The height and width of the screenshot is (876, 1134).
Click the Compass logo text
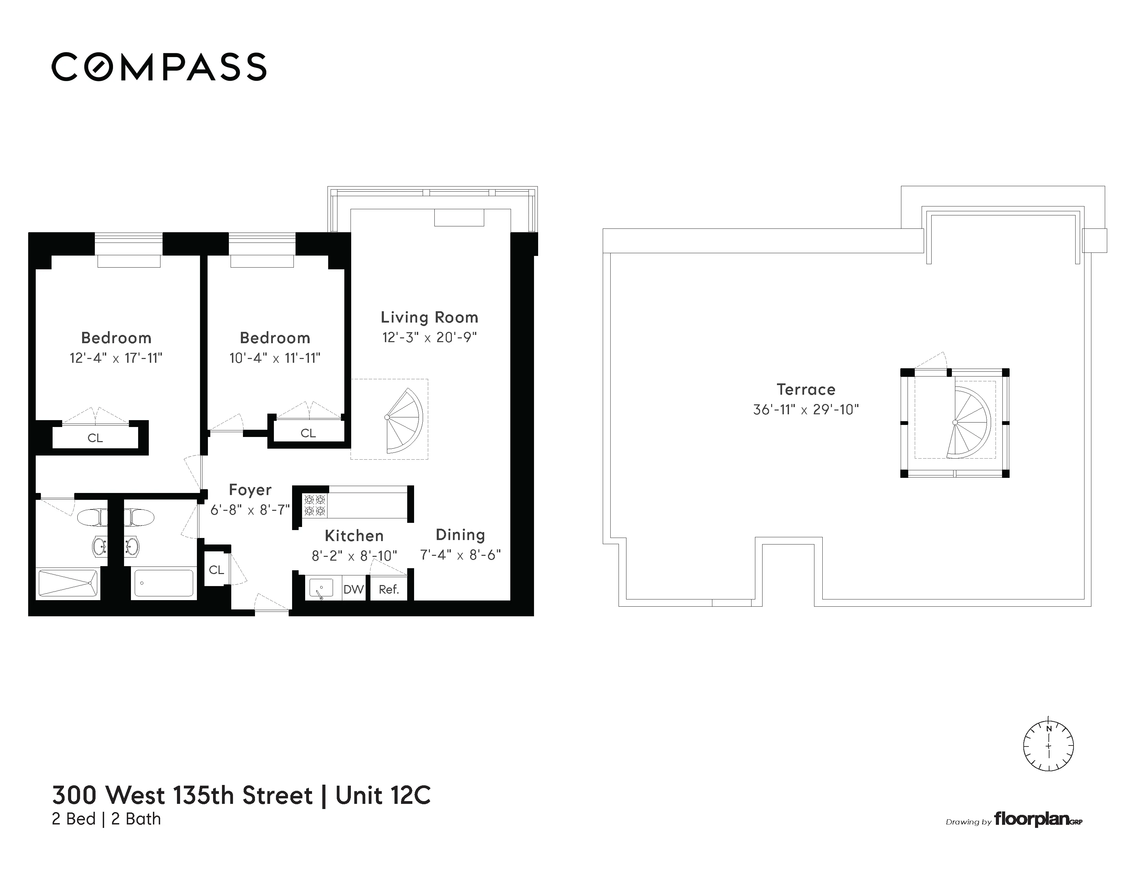pos(159,67)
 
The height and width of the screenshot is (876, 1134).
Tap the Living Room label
pos(429,317)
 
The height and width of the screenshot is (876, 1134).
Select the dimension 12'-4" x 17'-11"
pos(116,358)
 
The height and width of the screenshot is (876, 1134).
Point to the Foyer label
pos(250,490)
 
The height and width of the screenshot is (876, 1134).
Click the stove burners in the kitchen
pos(315,505)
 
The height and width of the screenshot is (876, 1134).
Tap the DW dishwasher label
pos(354,589)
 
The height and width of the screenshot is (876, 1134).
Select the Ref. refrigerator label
pos(388,589)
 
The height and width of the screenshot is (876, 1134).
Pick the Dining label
pos(460,535)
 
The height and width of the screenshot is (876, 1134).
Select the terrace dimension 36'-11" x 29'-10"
pos(806,409)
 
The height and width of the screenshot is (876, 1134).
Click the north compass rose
pos(1048,746)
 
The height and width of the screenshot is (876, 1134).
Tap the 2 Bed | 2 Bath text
pos(107,819)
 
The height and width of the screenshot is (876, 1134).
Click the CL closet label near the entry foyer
pos(216,570)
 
